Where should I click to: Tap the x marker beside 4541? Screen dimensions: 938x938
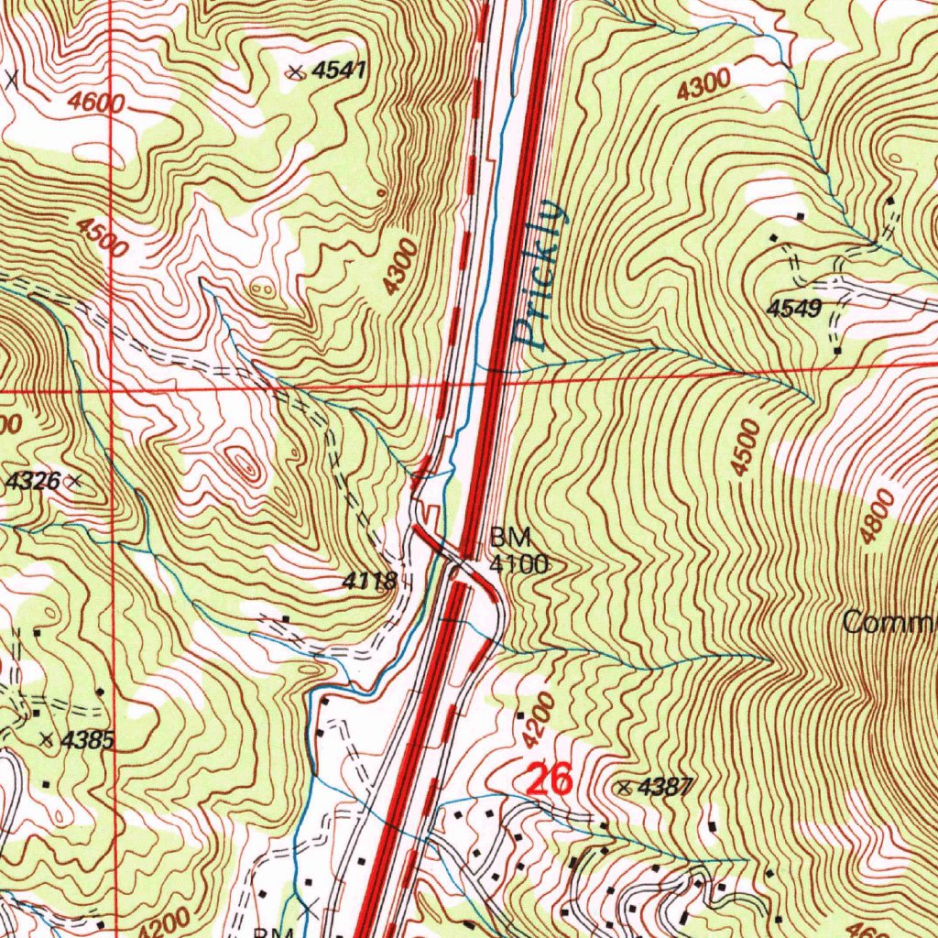tap(295, 73)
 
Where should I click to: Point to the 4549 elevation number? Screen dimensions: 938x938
tap(794, 309)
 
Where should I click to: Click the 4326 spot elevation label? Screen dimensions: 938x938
tap(33, 480)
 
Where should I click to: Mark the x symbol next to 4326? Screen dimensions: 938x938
tap(75, 479)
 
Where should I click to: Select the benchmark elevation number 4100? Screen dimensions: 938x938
tap(518, 563)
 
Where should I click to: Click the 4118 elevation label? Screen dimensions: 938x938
tap(370, 581)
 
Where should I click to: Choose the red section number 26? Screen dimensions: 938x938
tap(548, 780)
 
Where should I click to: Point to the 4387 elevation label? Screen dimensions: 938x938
tap(667, 786)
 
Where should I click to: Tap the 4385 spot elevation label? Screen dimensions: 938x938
tap(88, 741)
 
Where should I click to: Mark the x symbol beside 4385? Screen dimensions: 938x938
tap(48, 738)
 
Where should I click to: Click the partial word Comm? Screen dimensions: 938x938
tap(889, 624)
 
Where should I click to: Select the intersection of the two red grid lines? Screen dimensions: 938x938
tap(112, 389)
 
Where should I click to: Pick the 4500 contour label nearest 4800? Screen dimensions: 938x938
tap(747, 447)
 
